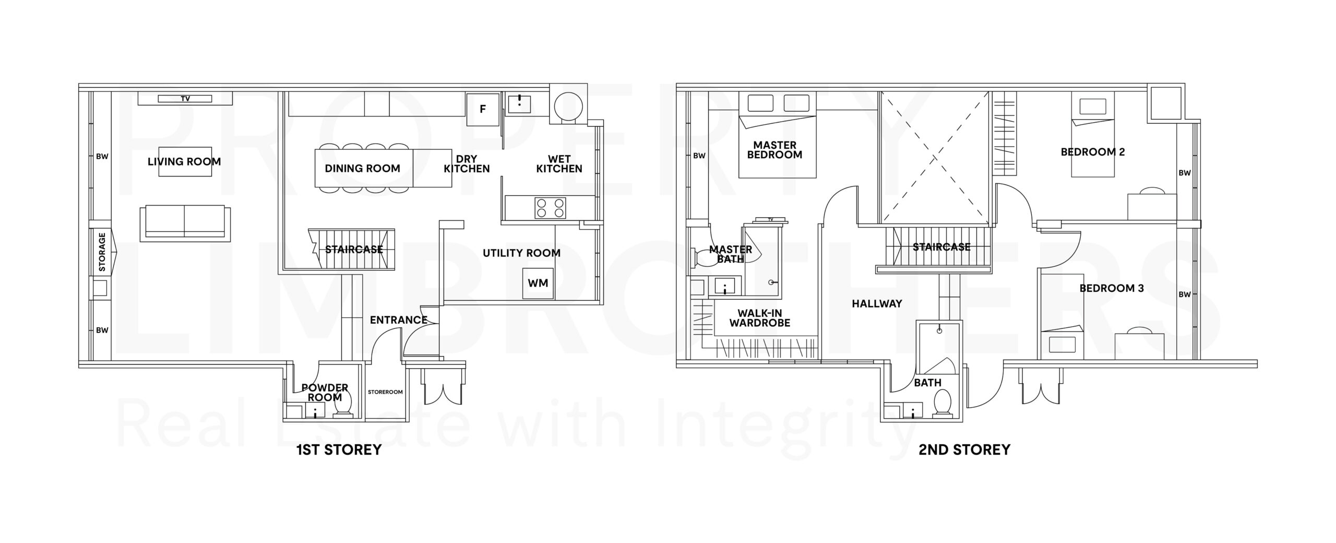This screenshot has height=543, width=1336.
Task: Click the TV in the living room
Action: tap(185, 98)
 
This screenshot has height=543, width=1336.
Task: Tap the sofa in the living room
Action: tap(185, 223)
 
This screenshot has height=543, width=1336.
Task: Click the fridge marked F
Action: tap(483, 109)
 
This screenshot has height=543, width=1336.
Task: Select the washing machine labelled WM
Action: tap(538, 284)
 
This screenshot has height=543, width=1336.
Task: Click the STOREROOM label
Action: tap(385, 392)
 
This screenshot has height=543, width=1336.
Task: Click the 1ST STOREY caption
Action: tap(339, 450)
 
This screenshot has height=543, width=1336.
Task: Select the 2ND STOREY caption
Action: tap(964, 450)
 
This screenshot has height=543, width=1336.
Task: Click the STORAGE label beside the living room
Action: tap(102, 252)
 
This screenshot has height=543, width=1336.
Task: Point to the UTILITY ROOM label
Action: tap(521, 253)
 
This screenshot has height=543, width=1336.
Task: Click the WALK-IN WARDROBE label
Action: tap(760, 318)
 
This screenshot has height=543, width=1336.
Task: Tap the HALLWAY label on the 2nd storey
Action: tap(877, 303)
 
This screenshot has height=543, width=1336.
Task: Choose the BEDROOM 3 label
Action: tap(1112, 288)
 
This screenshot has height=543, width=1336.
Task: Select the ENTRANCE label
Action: tap(399, 320)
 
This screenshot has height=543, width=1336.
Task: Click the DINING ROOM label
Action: tap(362, 168)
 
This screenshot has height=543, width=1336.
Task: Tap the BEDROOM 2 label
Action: tap(1093, 152)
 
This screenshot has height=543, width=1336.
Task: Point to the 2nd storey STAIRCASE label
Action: tap(941, 247)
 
